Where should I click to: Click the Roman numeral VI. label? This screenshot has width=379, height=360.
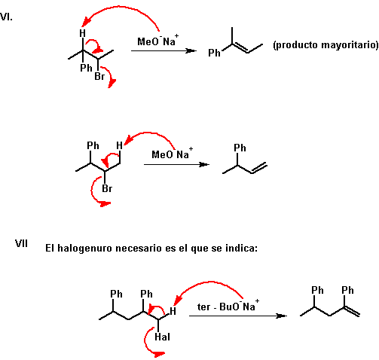click(6, 17)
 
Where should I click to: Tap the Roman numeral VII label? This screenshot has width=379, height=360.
click(21, 243)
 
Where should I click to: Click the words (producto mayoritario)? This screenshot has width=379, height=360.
click(326, 45)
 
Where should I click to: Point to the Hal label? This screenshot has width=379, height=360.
click(162, 337)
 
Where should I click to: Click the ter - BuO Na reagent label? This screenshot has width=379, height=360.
click(228, 306)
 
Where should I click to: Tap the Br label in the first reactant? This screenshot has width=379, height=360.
click(99, 76)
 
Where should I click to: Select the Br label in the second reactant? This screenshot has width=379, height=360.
click(107, 188)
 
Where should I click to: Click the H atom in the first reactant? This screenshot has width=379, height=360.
click(82, 33)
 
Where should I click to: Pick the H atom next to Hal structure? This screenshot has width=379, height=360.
click(173, 311)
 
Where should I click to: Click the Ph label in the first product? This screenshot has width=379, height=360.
click(214, 53)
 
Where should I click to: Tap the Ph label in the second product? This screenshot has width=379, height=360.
click(240, 148)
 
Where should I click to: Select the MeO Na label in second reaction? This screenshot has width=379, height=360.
click(173, 153)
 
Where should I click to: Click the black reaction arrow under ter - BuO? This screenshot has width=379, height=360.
click(238, 316)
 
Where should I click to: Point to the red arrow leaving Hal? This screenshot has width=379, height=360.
click(145, 342)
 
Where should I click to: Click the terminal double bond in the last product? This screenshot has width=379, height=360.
click(352, 311)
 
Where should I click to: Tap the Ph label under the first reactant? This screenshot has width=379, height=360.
click(86, 68)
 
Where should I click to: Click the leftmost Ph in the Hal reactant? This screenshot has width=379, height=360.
click(116, 294)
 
